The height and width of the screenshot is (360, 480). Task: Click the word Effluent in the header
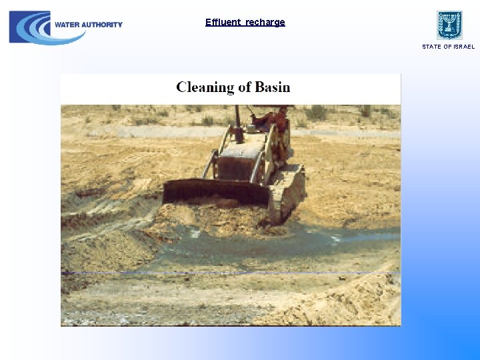click(x=223, y=22)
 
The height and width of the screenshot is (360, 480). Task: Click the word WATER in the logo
click(x=67, y=25)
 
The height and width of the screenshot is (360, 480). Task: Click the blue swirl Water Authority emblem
click(x=30, y=27)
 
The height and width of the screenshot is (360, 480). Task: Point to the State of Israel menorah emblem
click(x=449, y=25)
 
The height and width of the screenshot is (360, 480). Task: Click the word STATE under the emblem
click(x=431, y=47)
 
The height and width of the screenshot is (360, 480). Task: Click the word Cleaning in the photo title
click(x=205, y=87)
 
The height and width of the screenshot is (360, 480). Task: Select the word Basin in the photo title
click(x=273, y=87)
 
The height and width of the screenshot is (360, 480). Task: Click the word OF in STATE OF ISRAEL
click(x=447, y=47)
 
